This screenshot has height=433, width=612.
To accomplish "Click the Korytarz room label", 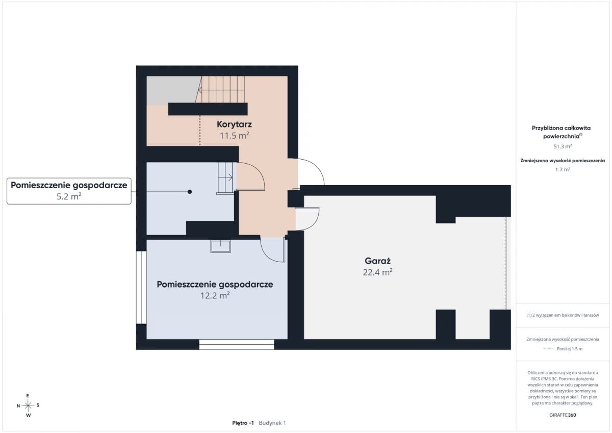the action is (x=234, y=124).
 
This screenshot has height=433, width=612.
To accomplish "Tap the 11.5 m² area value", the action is (x=235, y=136).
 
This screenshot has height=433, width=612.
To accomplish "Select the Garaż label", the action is (x=377, y=261).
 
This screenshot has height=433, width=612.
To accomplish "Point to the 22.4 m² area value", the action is (x=377, y=272).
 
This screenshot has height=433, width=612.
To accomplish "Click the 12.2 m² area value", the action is (x=215, y=296).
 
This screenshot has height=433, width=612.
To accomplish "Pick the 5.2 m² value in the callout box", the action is (x=69, y=196).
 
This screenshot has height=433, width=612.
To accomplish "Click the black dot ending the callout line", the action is (x=190, y=192).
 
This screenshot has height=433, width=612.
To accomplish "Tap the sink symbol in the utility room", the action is (x=220, y=246).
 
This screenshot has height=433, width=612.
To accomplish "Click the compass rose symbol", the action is (x=28, y=405).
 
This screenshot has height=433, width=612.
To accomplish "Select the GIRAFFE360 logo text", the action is (x=563, y=415).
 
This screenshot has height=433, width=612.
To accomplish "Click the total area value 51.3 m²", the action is (x=563, y=146).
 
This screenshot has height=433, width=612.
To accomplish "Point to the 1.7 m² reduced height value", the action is (x=563, y=170).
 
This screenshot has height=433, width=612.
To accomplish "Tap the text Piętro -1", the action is (x=243, y=423).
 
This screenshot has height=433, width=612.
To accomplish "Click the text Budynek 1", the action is (x=272, y=423).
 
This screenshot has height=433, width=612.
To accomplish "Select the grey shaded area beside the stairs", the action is (x=172, y=90).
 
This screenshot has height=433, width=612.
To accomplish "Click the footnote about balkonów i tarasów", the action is (x=563, y=315).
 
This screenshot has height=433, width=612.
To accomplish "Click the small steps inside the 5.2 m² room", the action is (x=225, y=178).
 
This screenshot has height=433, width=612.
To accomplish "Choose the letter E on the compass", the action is (x=28, y=396).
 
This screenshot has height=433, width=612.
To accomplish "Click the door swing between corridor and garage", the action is (x=308, y=219).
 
